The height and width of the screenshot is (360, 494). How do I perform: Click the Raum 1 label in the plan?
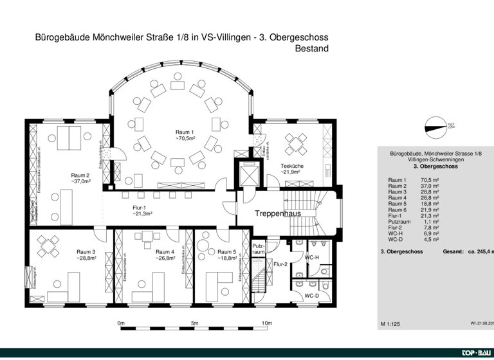click(185, 132)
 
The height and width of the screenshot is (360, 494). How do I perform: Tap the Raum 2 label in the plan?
click(80, 175)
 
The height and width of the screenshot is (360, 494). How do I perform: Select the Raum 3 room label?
click(86, 252)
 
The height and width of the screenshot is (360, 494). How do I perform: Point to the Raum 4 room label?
click(165, 252)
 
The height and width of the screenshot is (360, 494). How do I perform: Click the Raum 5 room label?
click(226, 252)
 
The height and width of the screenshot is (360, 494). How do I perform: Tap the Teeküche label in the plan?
click(292, 166)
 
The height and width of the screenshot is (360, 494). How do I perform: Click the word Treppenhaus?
click(278, 213)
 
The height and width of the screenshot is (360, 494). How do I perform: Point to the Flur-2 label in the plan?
click(280, 264)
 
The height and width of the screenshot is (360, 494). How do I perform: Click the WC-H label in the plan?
click(312, 257)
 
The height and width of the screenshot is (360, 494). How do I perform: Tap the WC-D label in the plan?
click(312, 296)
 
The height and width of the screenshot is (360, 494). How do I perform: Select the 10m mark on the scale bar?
click(267, 323)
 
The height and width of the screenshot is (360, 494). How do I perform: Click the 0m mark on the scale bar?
click(121, 323)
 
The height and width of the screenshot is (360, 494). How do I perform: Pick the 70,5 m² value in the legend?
click(430, 180)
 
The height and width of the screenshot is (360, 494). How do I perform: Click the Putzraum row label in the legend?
click(399, 221)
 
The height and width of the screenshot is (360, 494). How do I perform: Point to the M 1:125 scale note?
click(390, 325)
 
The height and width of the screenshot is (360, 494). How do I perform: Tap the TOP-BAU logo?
click(477, 354)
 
